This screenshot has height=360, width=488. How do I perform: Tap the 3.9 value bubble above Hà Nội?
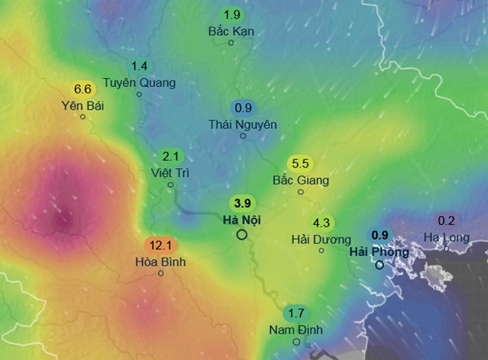click(242, 203)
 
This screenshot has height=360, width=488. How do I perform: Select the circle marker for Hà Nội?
click(242, 235)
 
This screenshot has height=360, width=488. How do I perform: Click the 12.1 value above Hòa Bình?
click(161, 245)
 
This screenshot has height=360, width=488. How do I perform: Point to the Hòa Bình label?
click(161, 262)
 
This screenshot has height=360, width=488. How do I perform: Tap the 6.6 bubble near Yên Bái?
click(82, 89)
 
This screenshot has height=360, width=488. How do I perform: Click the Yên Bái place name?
click(82, 106)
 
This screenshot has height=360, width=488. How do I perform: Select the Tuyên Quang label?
click(139, 83)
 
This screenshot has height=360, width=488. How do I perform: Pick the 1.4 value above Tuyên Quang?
click(139, 66)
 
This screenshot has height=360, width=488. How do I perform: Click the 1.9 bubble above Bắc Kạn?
click(232, 15)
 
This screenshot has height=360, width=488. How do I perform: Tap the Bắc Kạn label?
click(232, 32)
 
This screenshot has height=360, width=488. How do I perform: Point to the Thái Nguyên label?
click(243, 124)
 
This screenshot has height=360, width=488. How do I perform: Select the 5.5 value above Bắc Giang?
click(300, 163)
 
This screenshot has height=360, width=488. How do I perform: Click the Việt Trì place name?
click(171, 173)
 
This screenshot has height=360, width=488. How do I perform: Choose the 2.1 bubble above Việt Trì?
click(171, 156)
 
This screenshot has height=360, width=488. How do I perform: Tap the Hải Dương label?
click(320, 240)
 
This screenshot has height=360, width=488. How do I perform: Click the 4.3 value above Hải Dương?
click(321, 223)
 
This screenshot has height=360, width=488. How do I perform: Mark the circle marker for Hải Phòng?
click(380, 265)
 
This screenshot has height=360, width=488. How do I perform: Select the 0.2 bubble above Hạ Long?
click(447, 220)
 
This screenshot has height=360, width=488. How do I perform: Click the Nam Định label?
click(296, 330)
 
